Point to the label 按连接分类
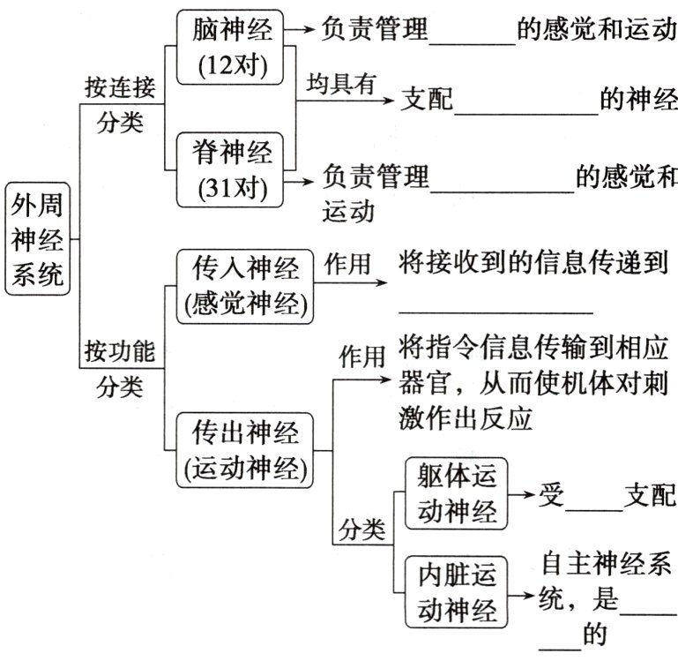click(120, 103)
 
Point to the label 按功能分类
click(120, 368)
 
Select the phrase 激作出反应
click(466, 418)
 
